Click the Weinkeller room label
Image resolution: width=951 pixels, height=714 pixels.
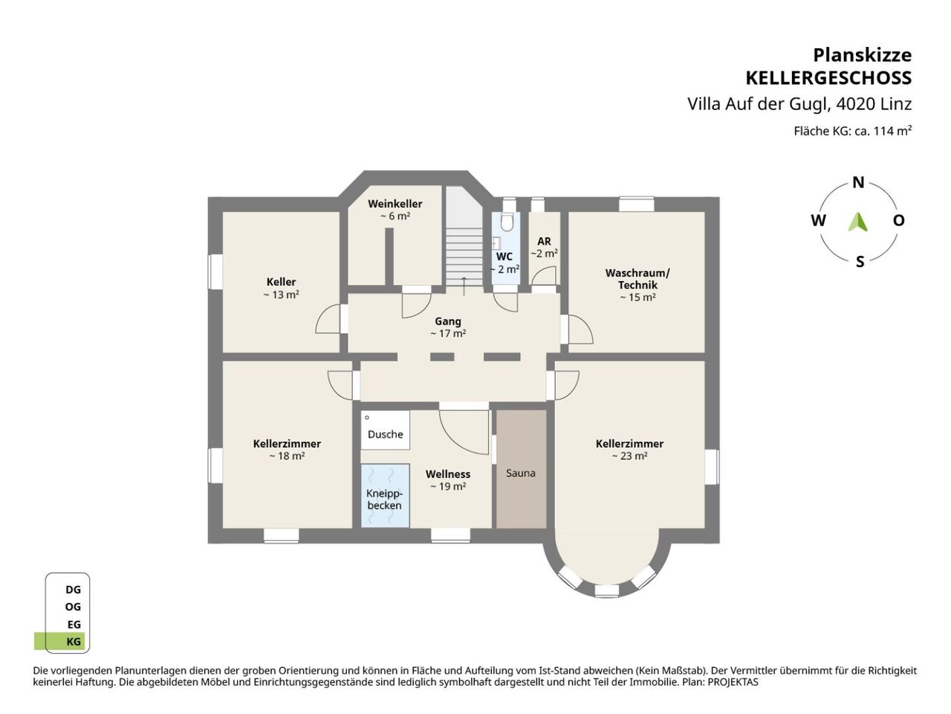point(395,204)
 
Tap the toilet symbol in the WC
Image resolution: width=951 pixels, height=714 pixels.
point(507,221)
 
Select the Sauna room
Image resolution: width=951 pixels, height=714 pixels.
point(521,469)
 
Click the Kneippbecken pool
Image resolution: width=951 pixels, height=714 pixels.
point(385,495)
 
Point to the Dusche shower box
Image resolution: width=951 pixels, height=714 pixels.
point(385,430)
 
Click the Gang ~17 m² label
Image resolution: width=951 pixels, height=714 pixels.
point(448,327)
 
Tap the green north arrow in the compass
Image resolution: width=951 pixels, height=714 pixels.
point(857,222)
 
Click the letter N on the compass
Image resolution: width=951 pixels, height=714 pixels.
point(858,183)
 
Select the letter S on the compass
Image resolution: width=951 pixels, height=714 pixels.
point(860,262)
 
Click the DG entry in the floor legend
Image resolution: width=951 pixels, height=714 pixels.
point(74,590)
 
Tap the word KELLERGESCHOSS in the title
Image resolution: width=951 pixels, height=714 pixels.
point(828,78)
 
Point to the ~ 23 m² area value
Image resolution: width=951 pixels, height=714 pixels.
point(629,456)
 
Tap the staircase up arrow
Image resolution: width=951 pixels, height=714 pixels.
point(464,286)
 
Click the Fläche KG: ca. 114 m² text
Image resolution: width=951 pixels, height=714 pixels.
point(853,131)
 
